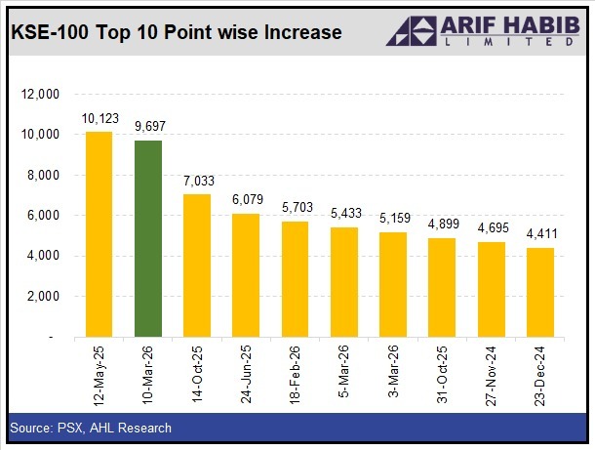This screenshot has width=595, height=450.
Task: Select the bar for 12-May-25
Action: pyautogui.click(x=99, y=234)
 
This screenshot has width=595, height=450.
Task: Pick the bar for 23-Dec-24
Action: pyautogui.click(x=540, y=292)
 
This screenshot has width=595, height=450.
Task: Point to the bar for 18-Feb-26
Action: pyautogui.click(x=296, y=279)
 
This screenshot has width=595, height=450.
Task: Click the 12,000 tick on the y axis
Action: pyautogui.click(x=42, y=94)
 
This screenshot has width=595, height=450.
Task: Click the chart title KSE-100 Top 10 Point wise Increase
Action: pyautogui.click(x=176, y=33)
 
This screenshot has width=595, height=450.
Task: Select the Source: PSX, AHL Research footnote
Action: pyautogui.click(x=91, y=428)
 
